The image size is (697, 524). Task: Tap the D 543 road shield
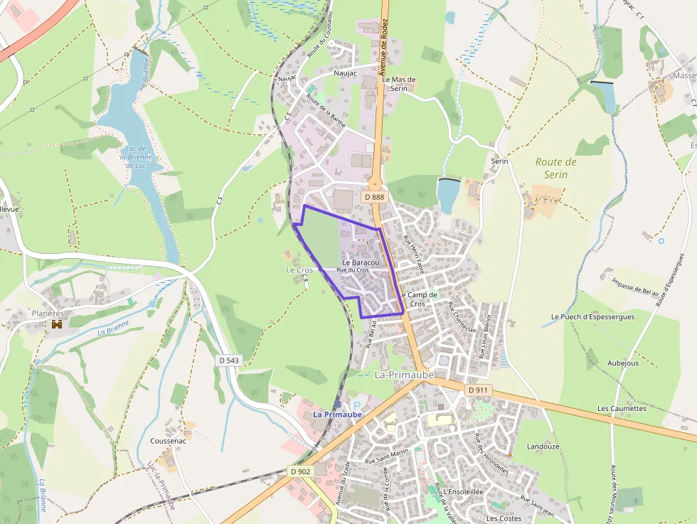(x=229, y=360)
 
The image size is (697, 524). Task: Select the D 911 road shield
(x=479, y=390)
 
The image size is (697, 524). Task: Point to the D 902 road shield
(x=301, y=471)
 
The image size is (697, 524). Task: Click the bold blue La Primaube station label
(x=338, y=414)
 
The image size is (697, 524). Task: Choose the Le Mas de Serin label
(x=398, y=84)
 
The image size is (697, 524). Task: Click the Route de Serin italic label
(x=555, y=168)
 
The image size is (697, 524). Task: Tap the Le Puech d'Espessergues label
(x=592, y=316)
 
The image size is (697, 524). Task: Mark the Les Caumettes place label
(x=622, y=409)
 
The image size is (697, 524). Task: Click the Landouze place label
(x=543, y=447)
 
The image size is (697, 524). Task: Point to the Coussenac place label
(x=169, y=441)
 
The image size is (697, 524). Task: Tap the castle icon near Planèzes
(x=56, y=324)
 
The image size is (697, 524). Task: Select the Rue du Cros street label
(x=353, y=270)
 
